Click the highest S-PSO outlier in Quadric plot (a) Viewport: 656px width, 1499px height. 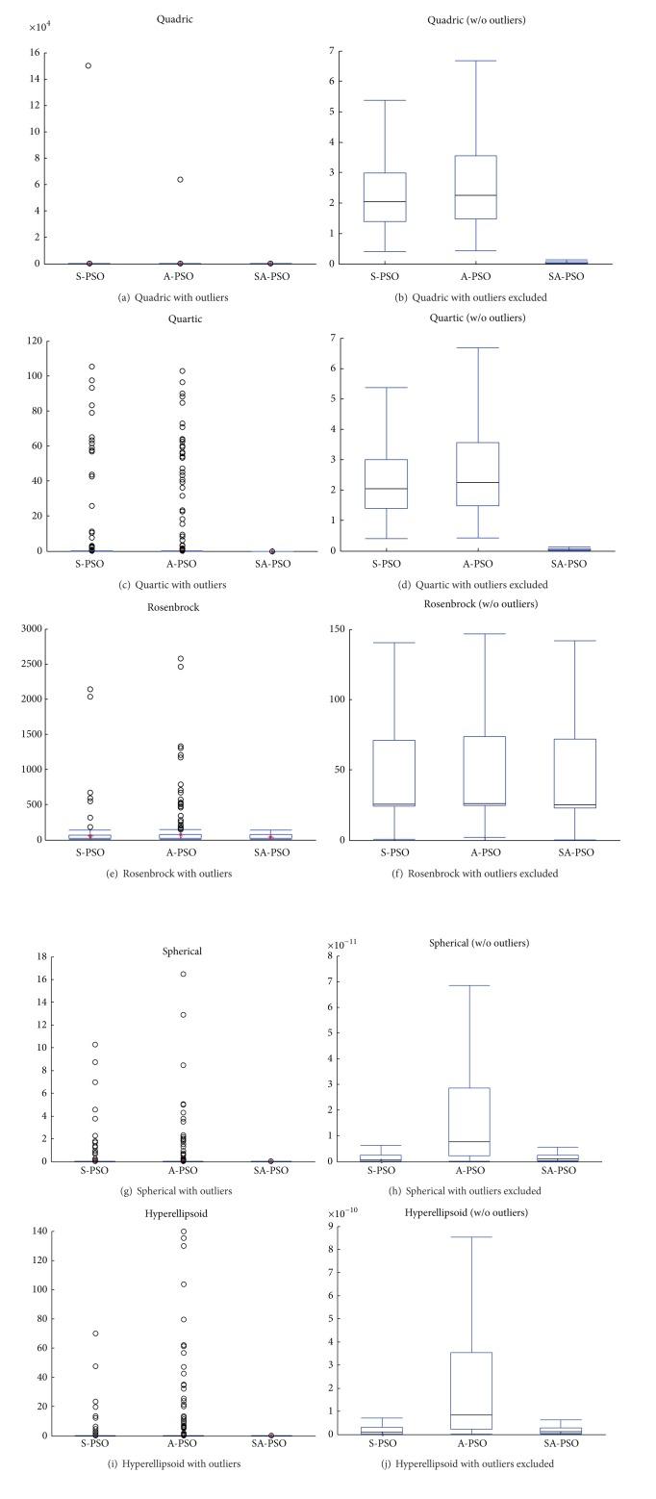coord(88,65)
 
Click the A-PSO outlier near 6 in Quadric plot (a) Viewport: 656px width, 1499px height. coord(180,179)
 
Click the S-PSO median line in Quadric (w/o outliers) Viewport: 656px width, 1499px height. coord(385,202)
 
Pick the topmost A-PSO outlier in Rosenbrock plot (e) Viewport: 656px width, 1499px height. coord(181,659)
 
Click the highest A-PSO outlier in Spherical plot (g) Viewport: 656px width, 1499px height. coord(183,974)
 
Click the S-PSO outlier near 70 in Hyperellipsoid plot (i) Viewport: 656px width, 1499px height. coord(95,1334)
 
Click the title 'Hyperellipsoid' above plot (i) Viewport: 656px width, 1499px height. coord(182,1214)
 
